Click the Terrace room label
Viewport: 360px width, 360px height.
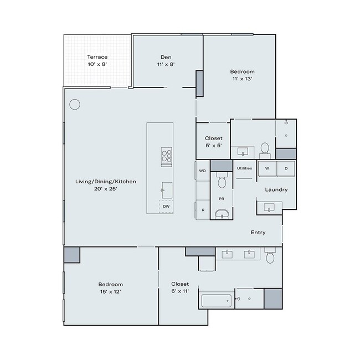[x=97, y=57]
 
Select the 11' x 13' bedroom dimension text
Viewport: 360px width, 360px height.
[x=242, y=79]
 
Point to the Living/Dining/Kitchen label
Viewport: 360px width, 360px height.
[x=105, y=181]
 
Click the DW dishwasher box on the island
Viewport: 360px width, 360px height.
[x=166, y=207]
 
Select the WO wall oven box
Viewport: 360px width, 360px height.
[x=202, y=171]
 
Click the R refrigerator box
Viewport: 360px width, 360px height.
[x=203, y=210]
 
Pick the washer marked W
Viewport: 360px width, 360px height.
[x=267, y=168]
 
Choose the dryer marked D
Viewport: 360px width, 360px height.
[x=286, y=168]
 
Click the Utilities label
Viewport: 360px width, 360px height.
[x=244, y=168]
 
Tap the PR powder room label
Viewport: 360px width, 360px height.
[x=222, y=198]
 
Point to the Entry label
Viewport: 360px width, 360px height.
[x=258, y=233]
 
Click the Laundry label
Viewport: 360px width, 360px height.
[x=276, y=189]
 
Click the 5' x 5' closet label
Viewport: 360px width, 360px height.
[x=213, y=142]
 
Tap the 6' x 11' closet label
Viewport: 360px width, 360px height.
[x=179, y=287]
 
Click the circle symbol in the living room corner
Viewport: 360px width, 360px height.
[x=75, y=104]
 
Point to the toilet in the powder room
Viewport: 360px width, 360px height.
[x=222, y=182]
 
